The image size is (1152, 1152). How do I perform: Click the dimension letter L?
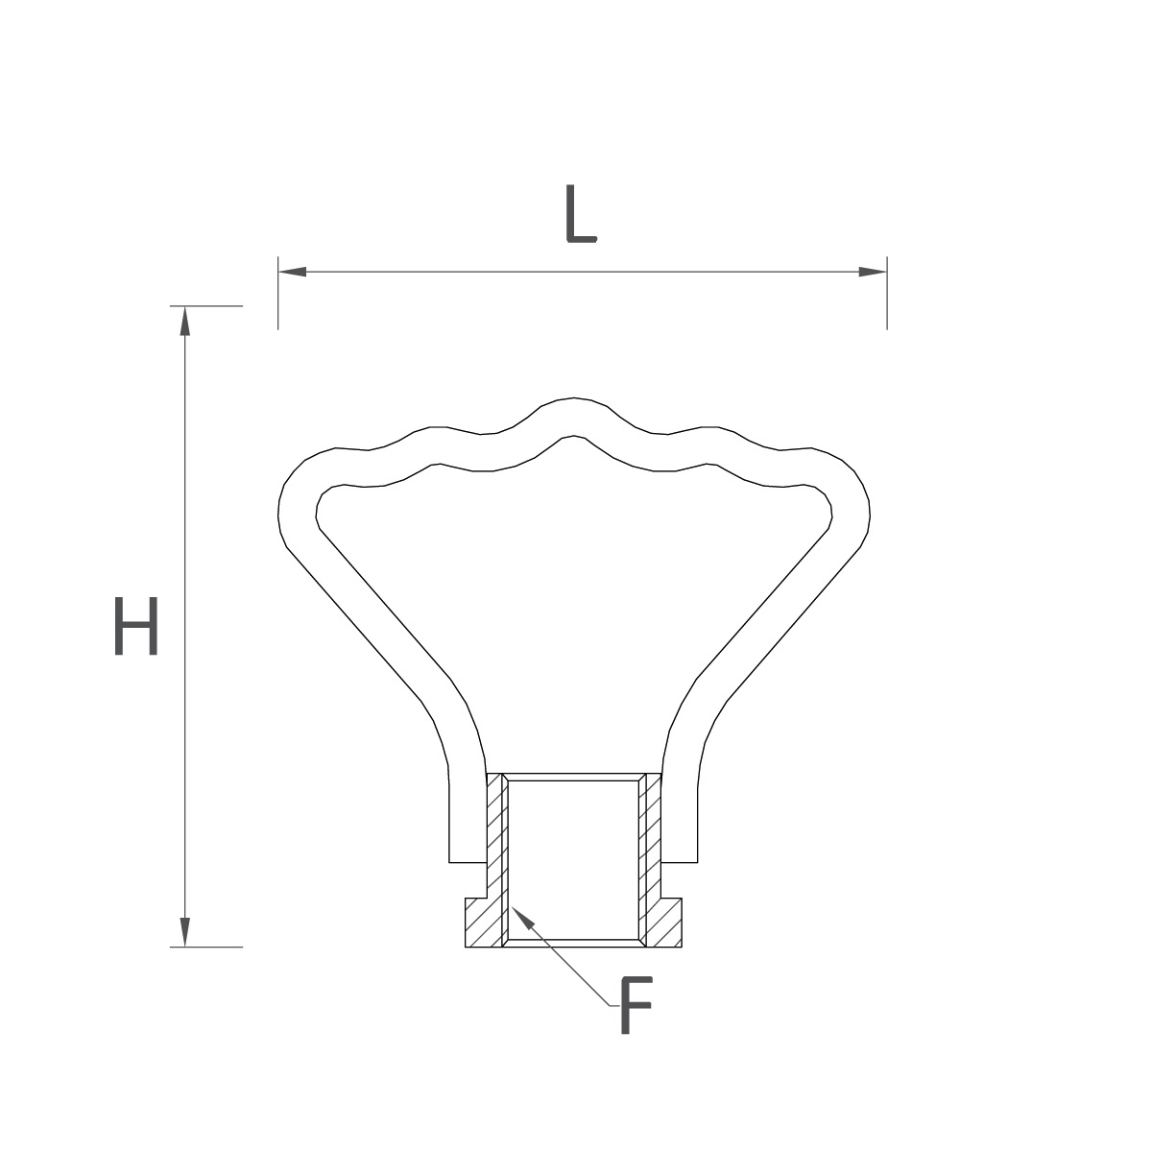click(581, 213)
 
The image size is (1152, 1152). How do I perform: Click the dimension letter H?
click(135, 625)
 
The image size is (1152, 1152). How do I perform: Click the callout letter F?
click(636, 1005)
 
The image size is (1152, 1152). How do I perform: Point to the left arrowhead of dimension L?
click(293, 272)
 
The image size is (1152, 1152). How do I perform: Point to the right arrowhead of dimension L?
click(873, 272)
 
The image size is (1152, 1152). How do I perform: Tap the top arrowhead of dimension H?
click(184, 321)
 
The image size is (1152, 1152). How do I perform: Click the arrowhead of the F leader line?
click(521, 918)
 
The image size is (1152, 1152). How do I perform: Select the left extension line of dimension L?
click(278, 293)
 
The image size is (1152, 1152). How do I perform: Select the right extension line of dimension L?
click(887, 293)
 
